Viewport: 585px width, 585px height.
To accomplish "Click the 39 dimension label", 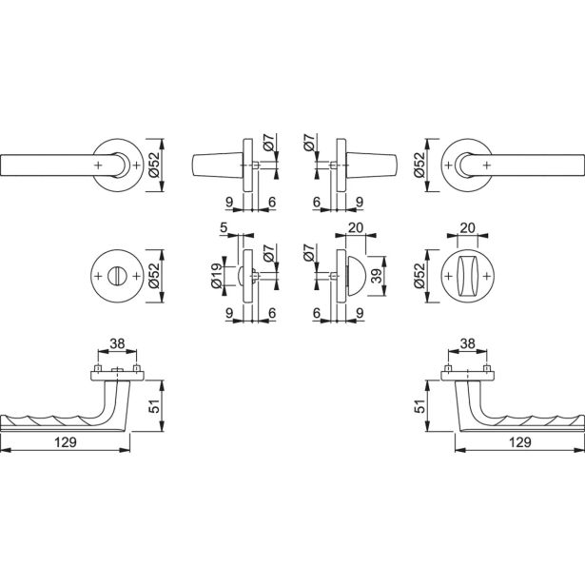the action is pyautogui.click(x=378, y=276).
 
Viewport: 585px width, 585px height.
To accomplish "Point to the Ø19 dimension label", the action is pyautogui.click(x=217, y=276).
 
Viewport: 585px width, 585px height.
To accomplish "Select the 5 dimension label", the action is pyautogui.click(x=224, y=227).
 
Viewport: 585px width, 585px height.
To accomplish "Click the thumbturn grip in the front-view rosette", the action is pyautogui.click(x=467, y=276).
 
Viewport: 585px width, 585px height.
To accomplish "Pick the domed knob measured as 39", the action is pyautogui.click(x=356, y=276).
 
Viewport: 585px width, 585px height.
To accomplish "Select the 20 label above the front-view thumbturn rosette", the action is pyautogui.click(x=467, y=227).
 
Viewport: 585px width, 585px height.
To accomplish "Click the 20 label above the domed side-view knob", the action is pyautogui.click(x=355, y=227).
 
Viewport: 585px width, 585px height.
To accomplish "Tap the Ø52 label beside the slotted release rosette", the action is pyautogui.click(x=154, y=276).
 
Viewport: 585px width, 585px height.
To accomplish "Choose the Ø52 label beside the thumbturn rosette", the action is pyautogui.click(x=419, y=276).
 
